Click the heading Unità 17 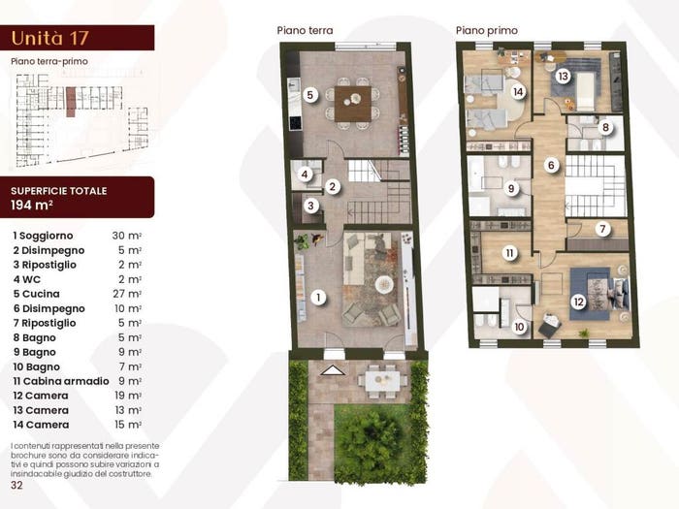[x=49, y=38]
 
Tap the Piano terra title [x=305, y=30]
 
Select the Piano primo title [x=487, y=30]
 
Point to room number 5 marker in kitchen [x=310, y=95]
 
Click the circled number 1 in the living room [x=318, y=298]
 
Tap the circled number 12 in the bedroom [x=578, y=302]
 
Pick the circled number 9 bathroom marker [x=511, y=189]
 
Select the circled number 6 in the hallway [x=551, y=165]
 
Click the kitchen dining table [x=353, y=104]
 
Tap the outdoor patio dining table [x=382, y=381]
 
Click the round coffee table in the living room [x=384, y=284]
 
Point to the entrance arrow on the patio [x=332, y=370]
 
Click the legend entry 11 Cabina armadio [x=61, y=381]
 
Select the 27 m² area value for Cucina [x=127, y=294]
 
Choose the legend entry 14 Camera [x=41, y=425]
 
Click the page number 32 [x=16, y=485]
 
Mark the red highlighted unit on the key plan [x=71, y=102]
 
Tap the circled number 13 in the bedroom [x=563, y=77]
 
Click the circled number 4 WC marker [x=305, y=175]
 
